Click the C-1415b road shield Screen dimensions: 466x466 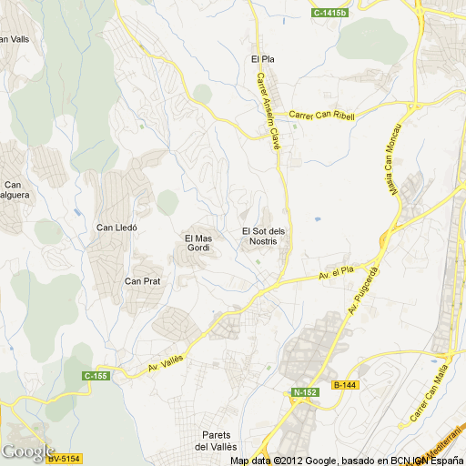330,12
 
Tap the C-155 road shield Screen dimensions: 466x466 96,376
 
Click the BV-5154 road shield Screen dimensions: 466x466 64,458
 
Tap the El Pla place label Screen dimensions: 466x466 262,59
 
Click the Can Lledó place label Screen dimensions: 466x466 116,228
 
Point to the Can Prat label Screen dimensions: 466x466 142,281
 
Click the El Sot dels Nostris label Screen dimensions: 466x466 263,236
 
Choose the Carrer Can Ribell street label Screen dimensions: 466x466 321,116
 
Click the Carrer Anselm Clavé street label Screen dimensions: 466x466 268,111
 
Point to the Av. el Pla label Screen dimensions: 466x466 335,274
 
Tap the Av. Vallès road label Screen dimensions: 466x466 167,363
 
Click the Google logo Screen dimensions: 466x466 28,451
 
